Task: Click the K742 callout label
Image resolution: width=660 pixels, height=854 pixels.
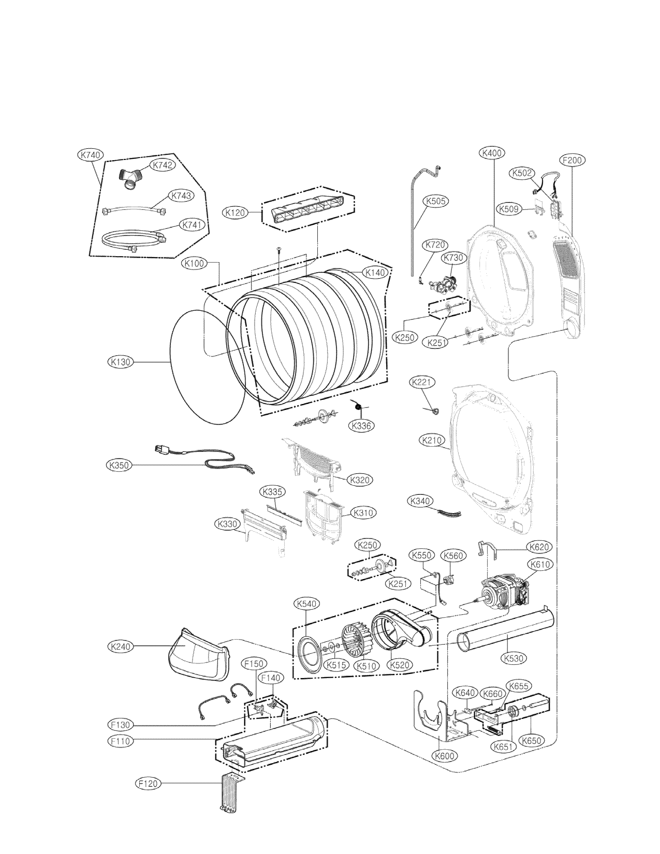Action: [162, 165]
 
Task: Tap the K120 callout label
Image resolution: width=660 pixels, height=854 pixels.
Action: [235, 213]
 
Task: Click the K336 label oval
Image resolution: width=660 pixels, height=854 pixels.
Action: [361, 426]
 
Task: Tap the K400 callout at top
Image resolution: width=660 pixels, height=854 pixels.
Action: [492, 153]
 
